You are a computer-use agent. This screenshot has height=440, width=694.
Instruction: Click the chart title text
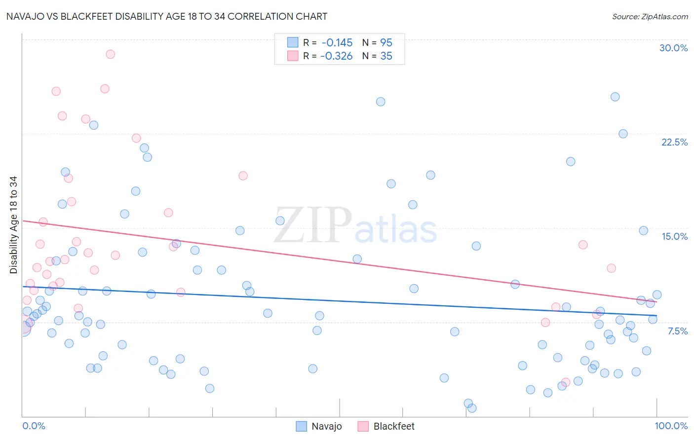click(167, 17)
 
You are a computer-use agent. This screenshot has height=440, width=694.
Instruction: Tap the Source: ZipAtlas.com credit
click(650, 17)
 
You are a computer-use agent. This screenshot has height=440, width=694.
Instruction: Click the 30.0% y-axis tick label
click(673, 48)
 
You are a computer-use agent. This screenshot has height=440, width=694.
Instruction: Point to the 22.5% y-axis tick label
click(674, 142)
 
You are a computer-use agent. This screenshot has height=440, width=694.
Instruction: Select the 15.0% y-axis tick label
click(674, 236)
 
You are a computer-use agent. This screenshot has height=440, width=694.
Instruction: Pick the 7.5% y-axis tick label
click(677, 331)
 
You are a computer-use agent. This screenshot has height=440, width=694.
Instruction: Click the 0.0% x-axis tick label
click(34, 426)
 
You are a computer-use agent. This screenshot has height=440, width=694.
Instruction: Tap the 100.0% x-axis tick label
click(671, 426)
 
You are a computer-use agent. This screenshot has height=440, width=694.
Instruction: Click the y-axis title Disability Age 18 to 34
click(13, 225)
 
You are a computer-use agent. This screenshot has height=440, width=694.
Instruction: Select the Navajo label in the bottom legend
click(326, 426)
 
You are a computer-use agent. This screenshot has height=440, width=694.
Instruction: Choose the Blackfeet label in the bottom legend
click(394, 426)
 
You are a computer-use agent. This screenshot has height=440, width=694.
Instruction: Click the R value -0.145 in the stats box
click(337, 43)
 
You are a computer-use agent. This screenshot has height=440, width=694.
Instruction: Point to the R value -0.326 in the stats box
click(337, 56)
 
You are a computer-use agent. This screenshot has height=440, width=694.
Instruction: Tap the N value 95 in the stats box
click(386, 43)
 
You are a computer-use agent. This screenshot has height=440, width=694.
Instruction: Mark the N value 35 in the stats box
click(386, 56)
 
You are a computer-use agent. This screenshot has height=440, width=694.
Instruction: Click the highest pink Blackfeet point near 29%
click(111, 54)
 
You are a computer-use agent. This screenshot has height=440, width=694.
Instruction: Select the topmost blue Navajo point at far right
click(615, 97)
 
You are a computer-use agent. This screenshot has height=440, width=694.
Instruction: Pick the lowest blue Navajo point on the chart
click(472, 408)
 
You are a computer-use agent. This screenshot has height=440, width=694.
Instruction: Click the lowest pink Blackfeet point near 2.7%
click(566, 382)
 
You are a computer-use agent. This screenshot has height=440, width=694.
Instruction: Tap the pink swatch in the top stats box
click(293, 56)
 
